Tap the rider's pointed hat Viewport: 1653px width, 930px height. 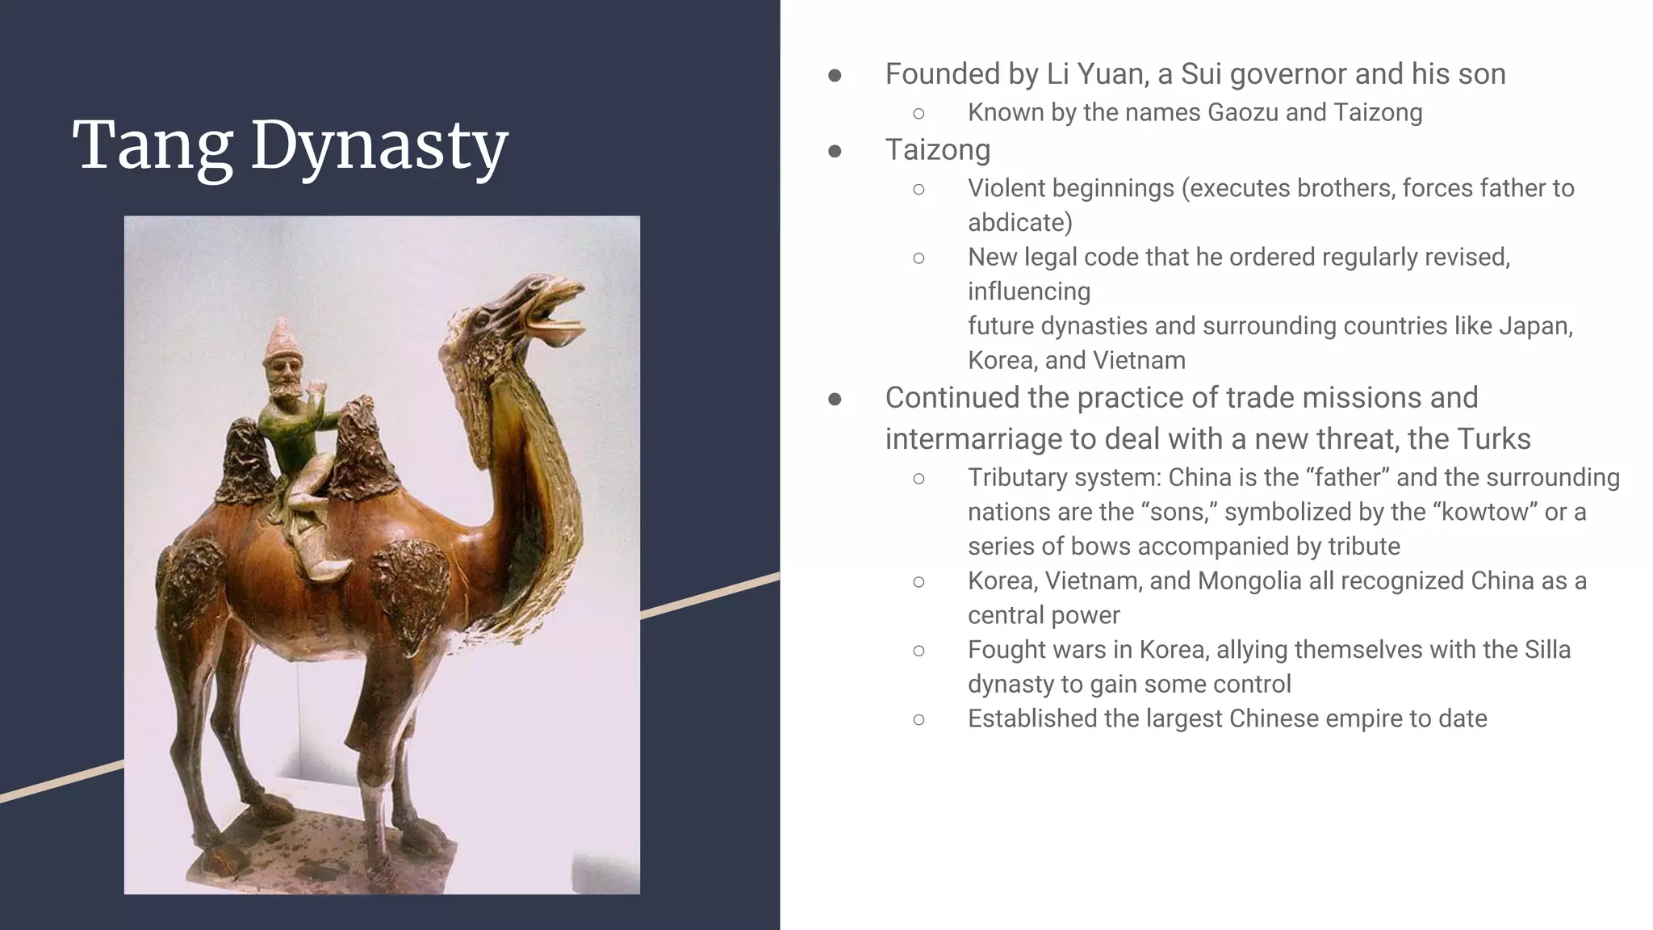click(280, 335)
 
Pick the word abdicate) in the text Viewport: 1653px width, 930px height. click(1019, 223)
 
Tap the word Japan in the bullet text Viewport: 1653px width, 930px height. click(1535, 326)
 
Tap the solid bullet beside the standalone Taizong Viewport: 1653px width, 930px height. click(835, 151)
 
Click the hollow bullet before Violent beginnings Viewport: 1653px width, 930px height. click(919, 189)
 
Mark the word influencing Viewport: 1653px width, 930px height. click(1028, 291)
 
